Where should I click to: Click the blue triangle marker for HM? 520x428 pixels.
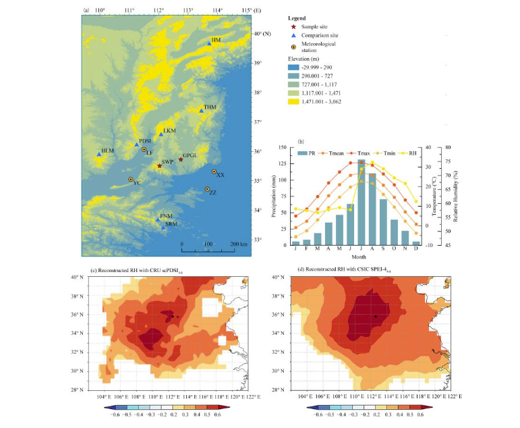tap(209, 44)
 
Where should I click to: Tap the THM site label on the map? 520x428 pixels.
tap(210, 107)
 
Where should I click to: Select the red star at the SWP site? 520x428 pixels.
tap(160, 166)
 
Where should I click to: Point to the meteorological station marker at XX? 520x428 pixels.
tap(214, 171)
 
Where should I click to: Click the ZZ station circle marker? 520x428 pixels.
tap(207, 190)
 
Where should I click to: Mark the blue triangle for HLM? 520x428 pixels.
tap(99, 155)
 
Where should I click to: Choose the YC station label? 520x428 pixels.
tap(137, 183)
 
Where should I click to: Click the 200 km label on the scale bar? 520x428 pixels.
tap(239, 243)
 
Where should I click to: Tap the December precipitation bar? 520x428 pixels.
tap(416, 242)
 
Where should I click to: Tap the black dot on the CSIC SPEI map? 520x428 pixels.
tap(375, 316)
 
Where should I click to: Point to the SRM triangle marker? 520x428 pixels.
tap(163, 228)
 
